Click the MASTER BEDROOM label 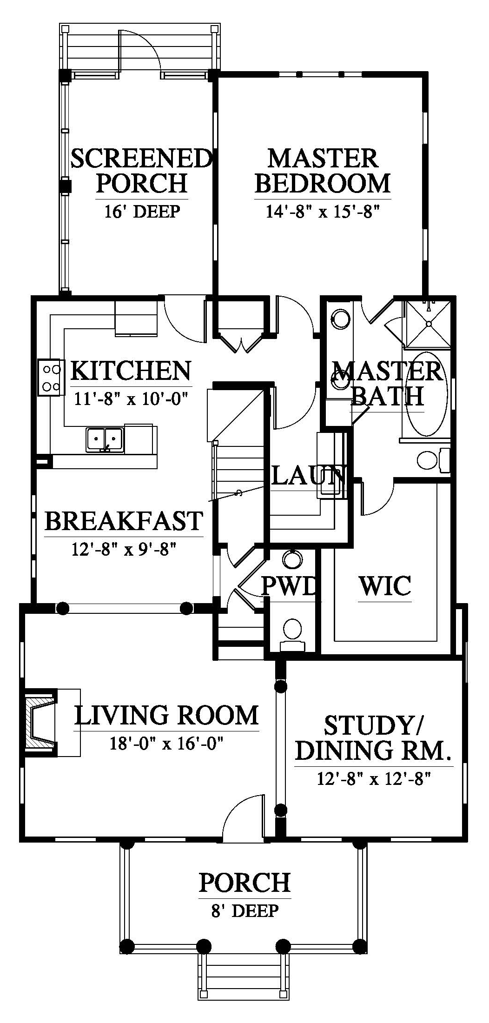tap(323, 171)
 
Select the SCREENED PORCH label tap(141, 171)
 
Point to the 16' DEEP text tap(141, 212)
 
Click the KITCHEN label tap(131, 371)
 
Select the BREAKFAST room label tap(124, 520)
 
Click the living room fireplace tap(41, 719)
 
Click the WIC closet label tap(385, 585)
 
